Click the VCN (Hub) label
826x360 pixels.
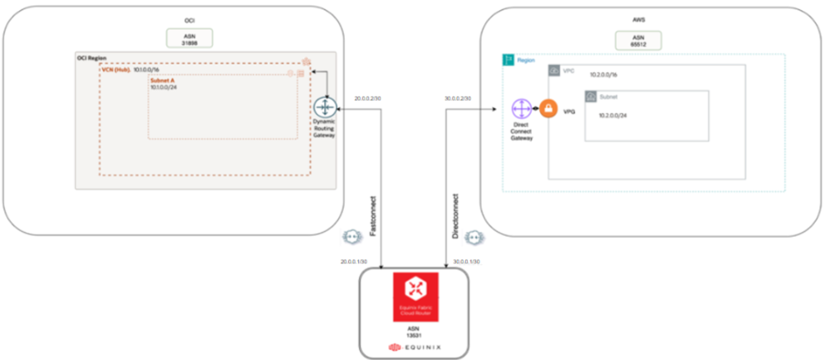pyautogui.click(x=116, y=69)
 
